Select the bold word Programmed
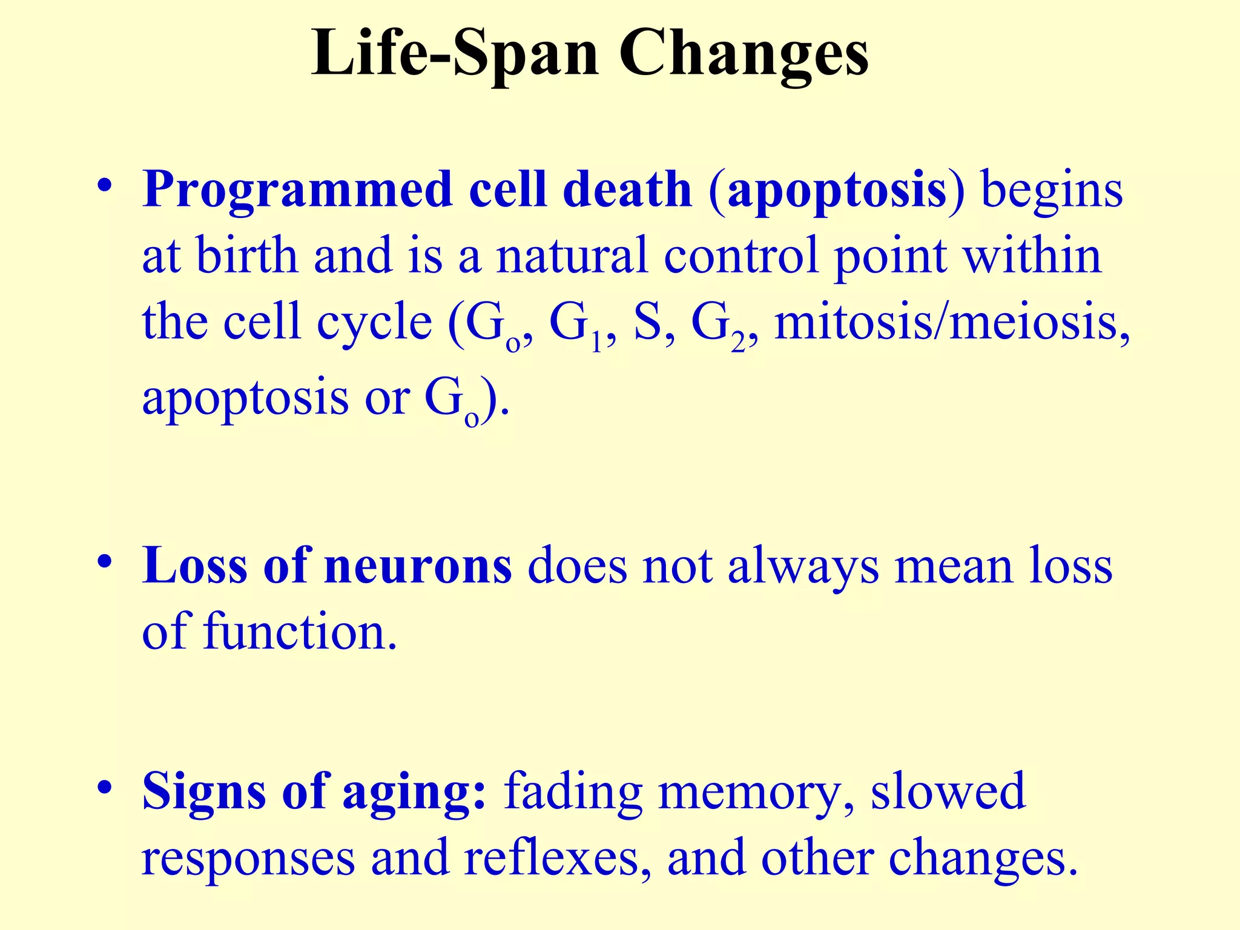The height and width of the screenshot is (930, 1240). [x=297, y=191]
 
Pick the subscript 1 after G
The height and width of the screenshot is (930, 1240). [x=596, y=343]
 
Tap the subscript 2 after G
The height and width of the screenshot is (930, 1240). [x=738, y=343]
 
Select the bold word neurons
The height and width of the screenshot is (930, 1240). [x=418, y=567]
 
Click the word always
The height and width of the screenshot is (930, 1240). [x=803, y=567]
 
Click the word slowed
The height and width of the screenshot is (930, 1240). [x=948, y=792]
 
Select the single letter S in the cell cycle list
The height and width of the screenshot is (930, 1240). [x=647, y=322]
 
